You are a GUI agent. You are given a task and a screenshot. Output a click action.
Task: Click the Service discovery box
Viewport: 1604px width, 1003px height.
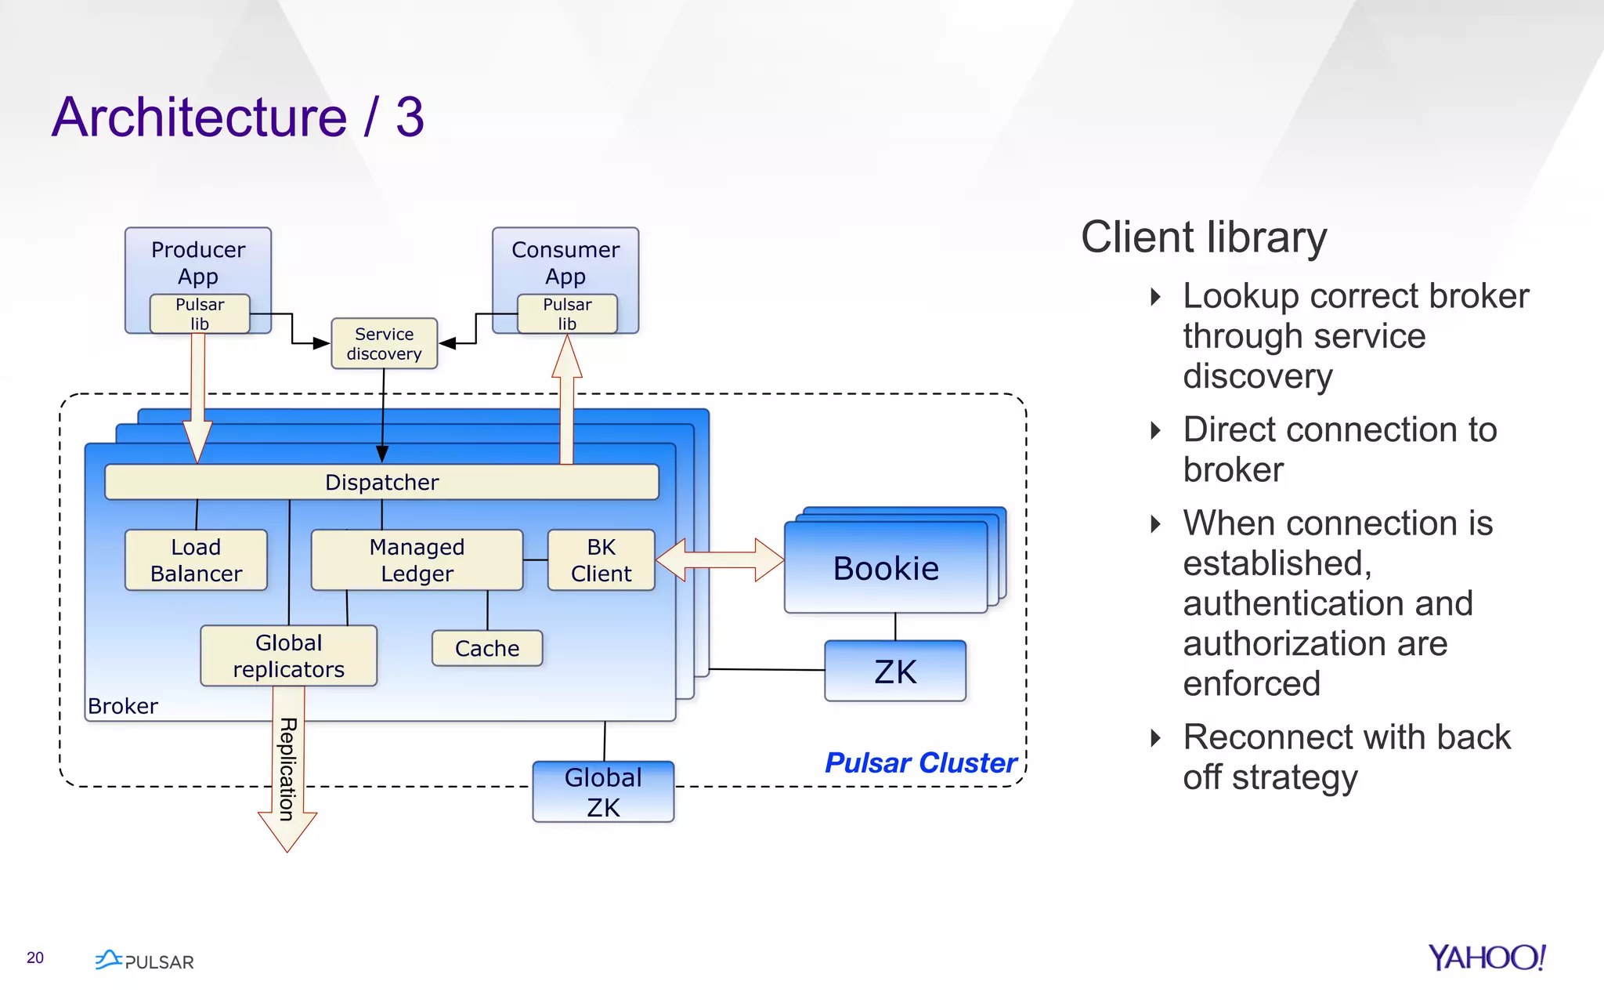384,343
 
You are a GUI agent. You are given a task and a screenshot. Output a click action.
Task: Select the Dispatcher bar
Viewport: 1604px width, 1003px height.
381,482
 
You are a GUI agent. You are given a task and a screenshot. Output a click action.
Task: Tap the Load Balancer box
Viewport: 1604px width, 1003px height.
196,559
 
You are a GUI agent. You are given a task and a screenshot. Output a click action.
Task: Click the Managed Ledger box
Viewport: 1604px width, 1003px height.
417,559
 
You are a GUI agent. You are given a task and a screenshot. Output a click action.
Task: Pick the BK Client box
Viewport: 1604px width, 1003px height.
601,559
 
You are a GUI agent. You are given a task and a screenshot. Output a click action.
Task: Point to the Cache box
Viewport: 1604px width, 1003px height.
487,648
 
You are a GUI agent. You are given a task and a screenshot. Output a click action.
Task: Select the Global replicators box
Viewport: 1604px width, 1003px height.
288,656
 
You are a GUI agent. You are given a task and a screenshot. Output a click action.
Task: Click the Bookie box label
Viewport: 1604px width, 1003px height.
886,568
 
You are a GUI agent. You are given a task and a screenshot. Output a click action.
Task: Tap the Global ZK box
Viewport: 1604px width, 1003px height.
603,791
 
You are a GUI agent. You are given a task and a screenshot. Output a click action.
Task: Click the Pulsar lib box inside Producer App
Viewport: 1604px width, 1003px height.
200,313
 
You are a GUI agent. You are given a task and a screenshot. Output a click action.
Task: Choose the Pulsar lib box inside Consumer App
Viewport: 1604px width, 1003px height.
567,313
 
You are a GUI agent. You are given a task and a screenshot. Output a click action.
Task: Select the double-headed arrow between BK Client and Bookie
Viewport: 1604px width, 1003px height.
720,559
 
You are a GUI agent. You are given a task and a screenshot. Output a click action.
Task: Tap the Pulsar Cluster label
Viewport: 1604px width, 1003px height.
921,762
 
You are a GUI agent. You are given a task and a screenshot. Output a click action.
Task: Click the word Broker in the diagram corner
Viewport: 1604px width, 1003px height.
123,706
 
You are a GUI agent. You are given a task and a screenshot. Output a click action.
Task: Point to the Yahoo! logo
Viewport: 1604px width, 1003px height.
1487,957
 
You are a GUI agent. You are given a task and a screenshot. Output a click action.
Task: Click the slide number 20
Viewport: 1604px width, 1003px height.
35,958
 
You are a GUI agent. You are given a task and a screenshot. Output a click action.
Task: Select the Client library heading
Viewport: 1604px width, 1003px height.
1204,237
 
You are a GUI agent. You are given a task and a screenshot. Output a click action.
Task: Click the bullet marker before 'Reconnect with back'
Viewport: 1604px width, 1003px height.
1155,737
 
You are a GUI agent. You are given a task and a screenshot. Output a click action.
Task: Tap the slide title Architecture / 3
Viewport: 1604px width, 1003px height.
238,117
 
